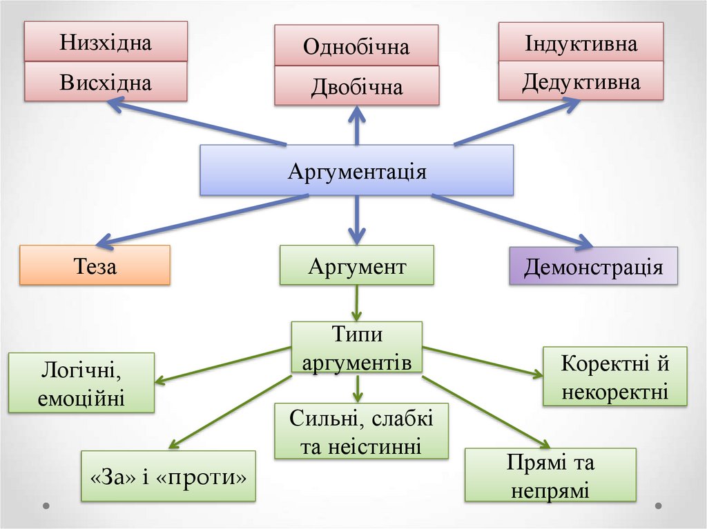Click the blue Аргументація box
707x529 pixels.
pos(356,170)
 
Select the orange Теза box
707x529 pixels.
pos(95,266)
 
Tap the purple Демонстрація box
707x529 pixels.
pos(593,266)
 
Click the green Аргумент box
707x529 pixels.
pos(356,266)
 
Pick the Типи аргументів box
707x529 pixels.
pos(356,348)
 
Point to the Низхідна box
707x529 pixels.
pos(106,42)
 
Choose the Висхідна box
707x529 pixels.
pos(106,82)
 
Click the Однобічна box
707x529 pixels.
pos(356,46)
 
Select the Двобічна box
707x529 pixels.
pos(356,86)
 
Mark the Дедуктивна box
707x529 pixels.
pos(581,81)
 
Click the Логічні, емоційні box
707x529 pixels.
pos(81,383)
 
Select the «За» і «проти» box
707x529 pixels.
pos(168,476)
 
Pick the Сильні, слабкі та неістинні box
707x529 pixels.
pos(361,431)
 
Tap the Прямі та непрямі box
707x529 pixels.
pos(550,475)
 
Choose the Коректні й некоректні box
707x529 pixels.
pos(615,376)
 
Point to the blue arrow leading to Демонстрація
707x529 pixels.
pos(511,220)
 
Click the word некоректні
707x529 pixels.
pos(615,392)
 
